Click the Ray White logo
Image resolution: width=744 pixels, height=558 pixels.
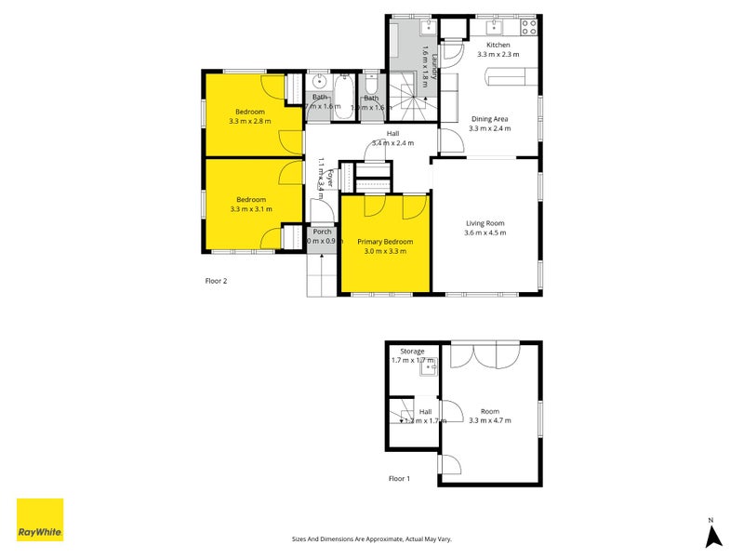(40, 520)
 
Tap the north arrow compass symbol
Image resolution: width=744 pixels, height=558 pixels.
(713, 534)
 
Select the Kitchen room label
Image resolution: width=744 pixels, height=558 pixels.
(498, 45)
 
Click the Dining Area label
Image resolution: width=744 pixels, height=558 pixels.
(489, 119)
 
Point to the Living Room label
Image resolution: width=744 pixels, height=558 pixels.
(485, 223)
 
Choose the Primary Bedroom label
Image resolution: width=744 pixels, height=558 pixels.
(384, 242)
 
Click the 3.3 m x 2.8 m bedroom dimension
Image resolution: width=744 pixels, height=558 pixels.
(250, 121)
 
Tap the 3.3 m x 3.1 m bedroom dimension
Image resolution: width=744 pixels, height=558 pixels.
(250, 209)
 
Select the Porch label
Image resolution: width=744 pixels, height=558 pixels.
(322, 232)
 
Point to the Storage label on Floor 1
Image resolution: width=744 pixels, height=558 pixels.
(412, 352)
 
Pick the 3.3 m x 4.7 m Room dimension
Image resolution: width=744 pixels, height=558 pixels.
(489, 420)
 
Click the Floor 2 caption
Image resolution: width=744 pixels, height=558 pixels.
(216, 280)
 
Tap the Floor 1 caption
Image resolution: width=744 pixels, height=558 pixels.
(399, 479)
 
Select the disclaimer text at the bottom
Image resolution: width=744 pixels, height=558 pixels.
(371, 538)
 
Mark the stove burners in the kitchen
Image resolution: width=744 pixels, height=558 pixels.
(530, 26)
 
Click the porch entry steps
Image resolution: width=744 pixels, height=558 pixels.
(321, 273)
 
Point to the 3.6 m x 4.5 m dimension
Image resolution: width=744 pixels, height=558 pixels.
(485, 232)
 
